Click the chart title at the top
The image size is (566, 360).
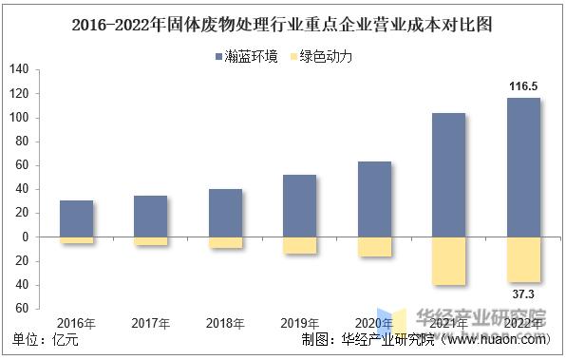(x=282, y=24)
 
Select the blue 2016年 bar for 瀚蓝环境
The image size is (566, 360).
(x=76, y=218)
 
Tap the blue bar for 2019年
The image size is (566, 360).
(x=300, y=206)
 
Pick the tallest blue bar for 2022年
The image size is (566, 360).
(x=522, y=168)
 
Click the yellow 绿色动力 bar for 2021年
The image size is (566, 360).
(x=448, y=260)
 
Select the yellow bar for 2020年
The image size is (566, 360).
(x=374, y=246)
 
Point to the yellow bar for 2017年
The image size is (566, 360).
(x=151, y=241)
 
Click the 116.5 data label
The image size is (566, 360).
(x=522, y=86)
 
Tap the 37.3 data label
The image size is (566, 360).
(x=522, y=294)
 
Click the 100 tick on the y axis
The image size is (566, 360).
(x=19, y=118)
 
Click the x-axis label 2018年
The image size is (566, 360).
(x=225, y=324)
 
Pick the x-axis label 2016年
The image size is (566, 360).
(x=76, y=324)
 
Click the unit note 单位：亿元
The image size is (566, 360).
(x=46, y=339)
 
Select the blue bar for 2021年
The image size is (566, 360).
(x=448, y=175)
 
